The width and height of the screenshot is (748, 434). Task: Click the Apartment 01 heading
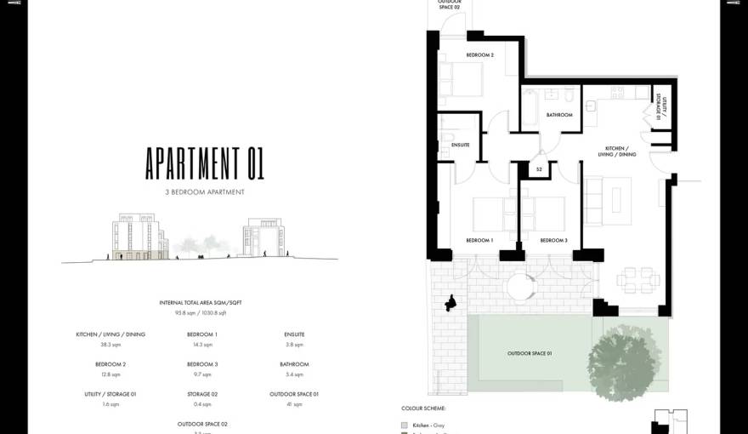point(204,163)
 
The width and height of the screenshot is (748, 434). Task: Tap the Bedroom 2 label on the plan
point(479,55)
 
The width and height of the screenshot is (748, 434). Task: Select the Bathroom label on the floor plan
point(559,115)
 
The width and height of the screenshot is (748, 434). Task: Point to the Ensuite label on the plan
point(460,145)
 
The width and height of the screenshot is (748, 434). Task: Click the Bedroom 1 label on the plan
point(479,241)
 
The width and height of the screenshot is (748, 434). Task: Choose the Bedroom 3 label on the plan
point(553,241)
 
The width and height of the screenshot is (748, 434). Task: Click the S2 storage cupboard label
point(539,170)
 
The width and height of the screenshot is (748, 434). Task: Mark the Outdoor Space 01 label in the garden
point(530,353)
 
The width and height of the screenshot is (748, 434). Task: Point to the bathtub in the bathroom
point(531,109)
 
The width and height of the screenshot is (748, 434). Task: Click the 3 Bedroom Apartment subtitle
point(205,192)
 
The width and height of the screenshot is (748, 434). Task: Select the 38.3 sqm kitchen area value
point(110,345)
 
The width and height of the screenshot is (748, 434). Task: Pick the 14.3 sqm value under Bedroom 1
point(202,345)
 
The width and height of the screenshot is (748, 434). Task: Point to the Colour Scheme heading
point(422,408)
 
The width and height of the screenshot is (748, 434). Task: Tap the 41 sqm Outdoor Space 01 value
point(293,404)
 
